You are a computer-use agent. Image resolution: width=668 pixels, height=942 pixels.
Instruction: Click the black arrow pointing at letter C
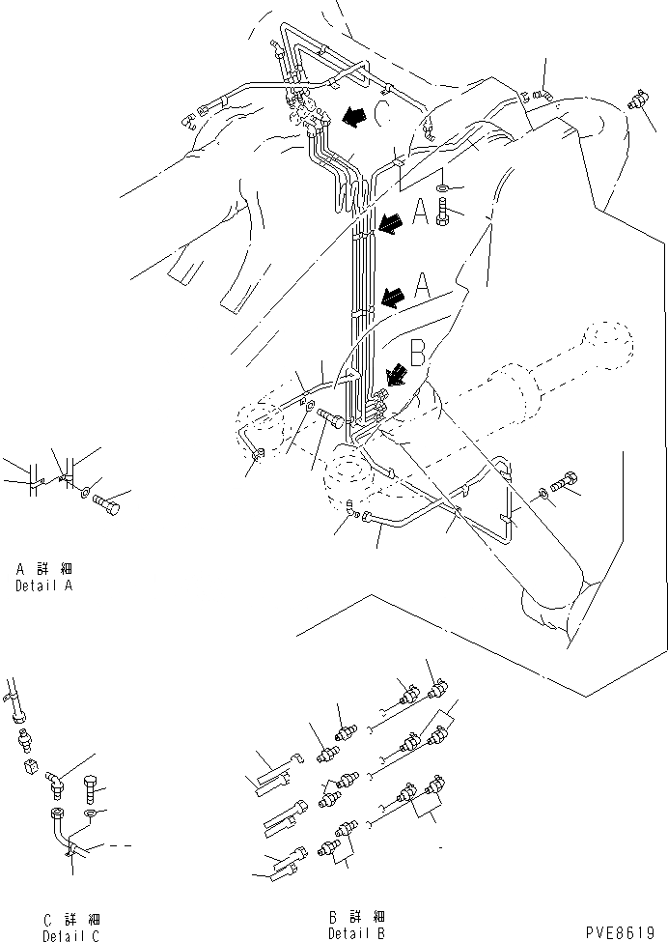pos(353,117)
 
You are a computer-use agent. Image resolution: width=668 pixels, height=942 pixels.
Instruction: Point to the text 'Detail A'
pos(43,585)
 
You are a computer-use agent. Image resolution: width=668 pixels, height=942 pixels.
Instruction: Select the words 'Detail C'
pos(70,935)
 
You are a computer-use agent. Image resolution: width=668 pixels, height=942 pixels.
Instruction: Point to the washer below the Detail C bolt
pos(90,814)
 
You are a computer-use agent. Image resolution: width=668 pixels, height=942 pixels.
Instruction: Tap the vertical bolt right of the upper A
pos(442,211)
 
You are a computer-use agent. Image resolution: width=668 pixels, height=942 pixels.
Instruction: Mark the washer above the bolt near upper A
pos(441,186)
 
